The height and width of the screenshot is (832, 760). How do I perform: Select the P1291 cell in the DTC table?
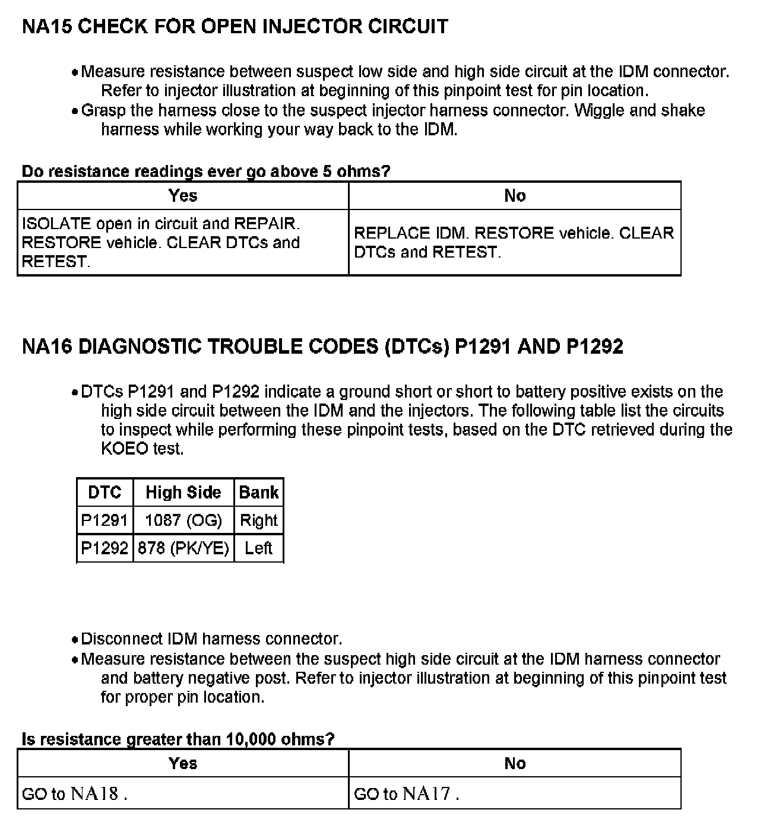click(x=104, y=520)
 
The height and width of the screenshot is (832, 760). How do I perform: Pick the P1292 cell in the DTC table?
click(x=104, y=548)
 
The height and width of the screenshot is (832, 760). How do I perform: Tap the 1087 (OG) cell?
click(x=183, y=520)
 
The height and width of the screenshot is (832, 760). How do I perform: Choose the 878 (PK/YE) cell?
click(x=183, y=548)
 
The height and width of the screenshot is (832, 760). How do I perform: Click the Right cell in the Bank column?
click(x=259, y=520)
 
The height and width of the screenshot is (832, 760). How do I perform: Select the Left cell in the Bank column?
click(x=259, y=548)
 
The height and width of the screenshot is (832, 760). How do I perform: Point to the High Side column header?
click(x=183, y=493)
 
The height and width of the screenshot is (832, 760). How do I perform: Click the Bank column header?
click(x=259, y=493)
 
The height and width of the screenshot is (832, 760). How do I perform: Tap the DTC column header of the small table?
click(x=104, y=493)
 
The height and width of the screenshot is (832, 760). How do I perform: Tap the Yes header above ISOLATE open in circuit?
click(x=183, y=196)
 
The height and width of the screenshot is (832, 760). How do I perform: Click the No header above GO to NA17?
click(x=515, y=763)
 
